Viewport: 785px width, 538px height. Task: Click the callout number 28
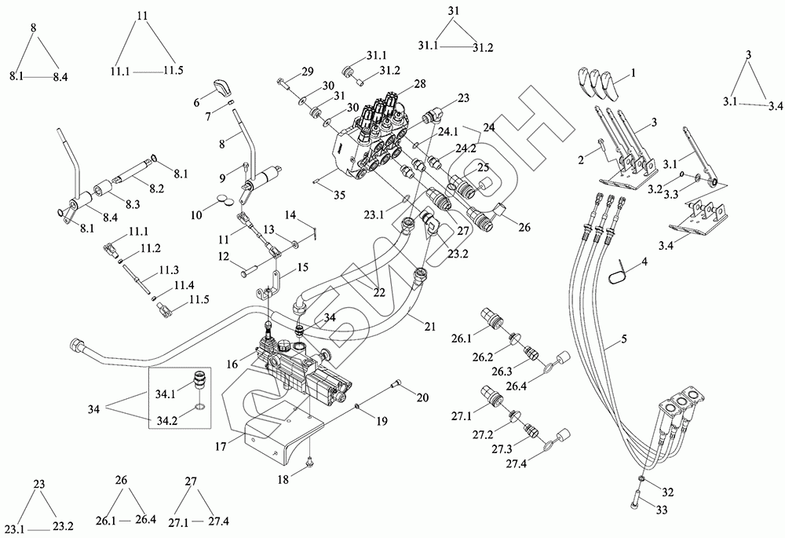click(419, 84)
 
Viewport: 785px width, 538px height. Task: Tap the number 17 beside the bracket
click(221, 446)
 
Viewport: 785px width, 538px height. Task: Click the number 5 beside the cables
click(623, 339)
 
